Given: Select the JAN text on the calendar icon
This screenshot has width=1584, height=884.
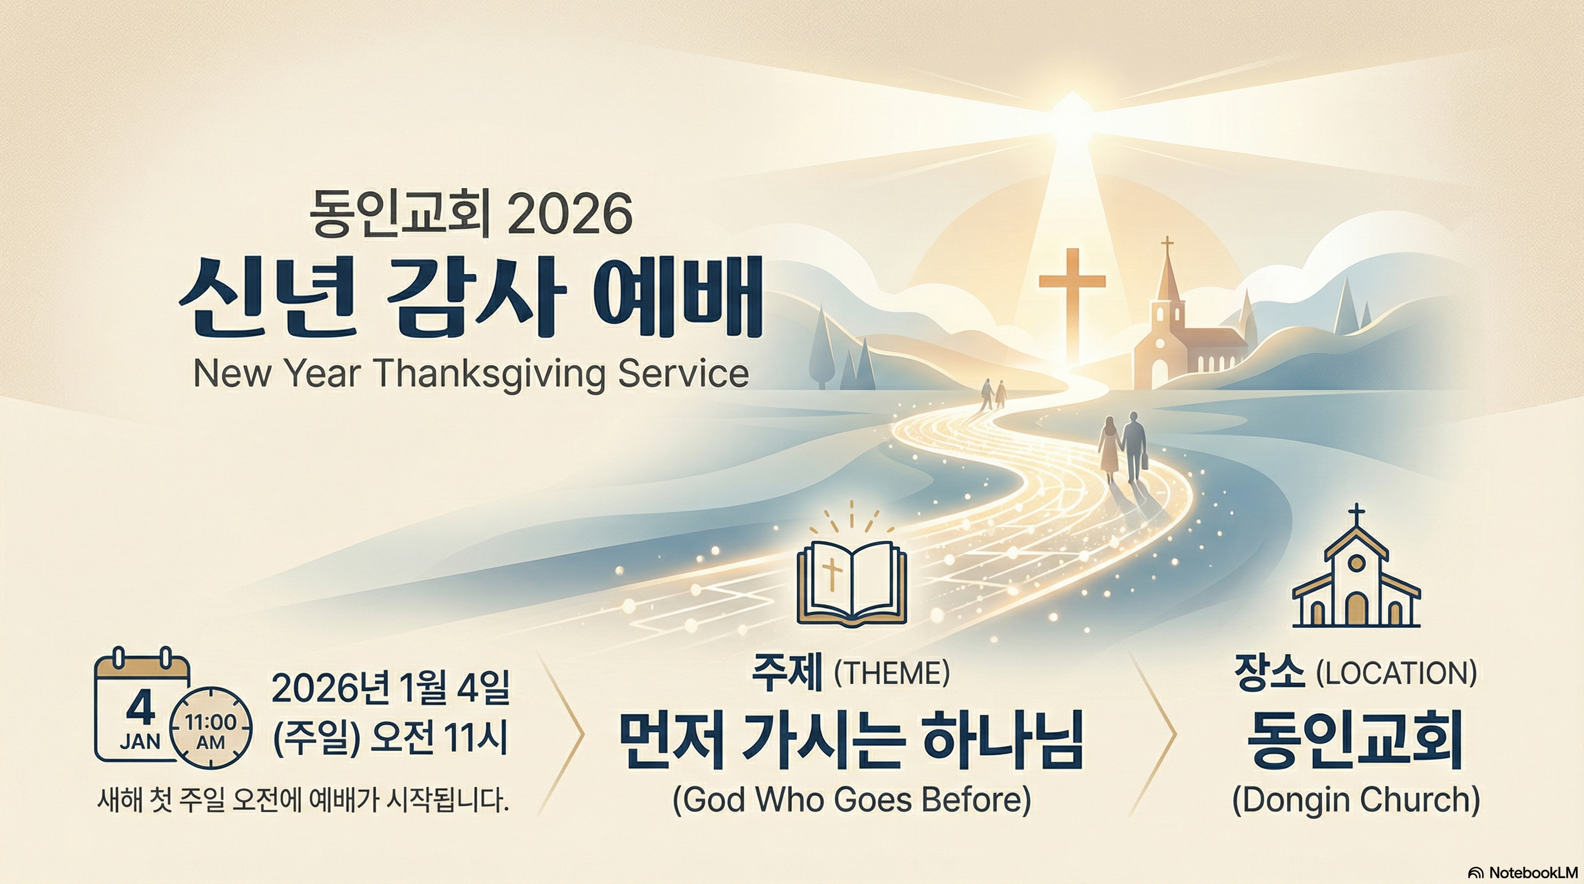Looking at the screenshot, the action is pyautogui.click(x=140, y=741).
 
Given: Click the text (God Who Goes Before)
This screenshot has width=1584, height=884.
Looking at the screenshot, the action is pyautogui.click(x=852, y=799).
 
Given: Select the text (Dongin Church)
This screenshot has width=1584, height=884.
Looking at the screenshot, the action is pyautogui.click(x=1356, y=799).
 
